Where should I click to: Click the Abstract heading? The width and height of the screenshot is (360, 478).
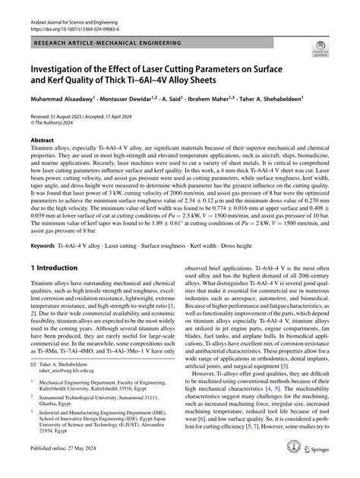tap(43, 162)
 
